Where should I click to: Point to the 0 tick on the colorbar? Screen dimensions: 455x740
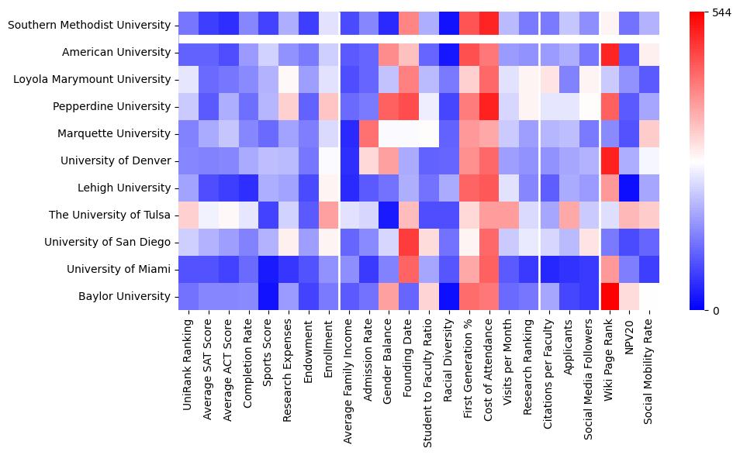[x=715, y=311]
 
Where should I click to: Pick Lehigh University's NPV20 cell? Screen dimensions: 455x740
[x=630, y=188]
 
